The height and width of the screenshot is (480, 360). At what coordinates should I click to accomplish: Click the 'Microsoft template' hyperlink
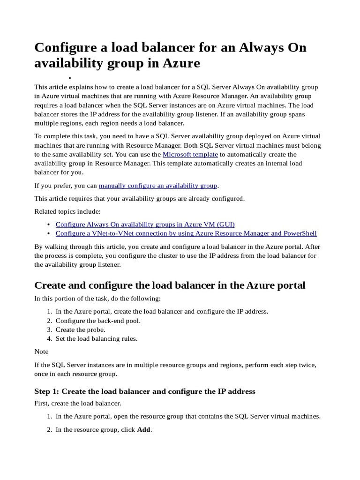[190, 154]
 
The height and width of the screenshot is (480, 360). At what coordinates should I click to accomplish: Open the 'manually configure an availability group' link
[158, 186]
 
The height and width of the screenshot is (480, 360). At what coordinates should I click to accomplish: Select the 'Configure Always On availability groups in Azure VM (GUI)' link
[145, 225]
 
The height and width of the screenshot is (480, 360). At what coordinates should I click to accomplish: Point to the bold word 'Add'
[144, 429]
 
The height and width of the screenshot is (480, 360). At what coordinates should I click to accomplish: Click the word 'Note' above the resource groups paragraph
[41, 351]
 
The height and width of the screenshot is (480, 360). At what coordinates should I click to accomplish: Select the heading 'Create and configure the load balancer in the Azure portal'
[170, 285]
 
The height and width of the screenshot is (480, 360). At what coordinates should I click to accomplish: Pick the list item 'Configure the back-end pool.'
[98, 321]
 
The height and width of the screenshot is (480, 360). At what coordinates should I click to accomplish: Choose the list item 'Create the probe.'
[81, 330]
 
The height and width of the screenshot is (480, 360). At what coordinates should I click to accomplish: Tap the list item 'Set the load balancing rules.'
[97, 338]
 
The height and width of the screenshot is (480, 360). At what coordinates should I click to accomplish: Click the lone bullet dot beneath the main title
[69, 78]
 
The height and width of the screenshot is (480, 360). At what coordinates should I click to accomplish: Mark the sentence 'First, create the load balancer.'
[78, 403]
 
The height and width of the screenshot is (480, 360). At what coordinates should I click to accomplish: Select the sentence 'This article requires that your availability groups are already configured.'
[140, 199]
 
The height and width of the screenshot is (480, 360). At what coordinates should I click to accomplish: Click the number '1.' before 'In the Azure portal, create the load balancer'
[49, 312]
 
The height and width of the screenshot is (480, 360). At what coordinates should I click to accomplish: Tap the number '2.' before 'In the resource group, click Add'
[49, 429]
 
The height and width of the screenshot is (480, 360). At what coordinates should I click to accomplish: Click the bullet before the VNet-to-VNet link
[50, 233]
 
